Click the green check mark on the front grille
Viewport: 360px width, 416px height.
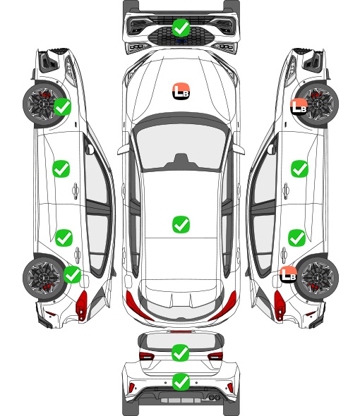click(181, 27)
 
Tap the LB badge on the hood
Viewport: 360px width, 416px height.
click(181, 91)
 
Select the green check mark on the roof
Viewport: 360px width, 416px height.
click(181, 224)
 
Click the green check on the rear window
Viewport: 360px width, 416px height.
click(181, 353)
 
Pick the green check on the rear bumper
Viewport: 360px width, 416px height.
click(181, 382)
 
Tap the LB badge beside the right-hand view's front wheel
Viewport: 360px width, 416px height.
click(299, 106)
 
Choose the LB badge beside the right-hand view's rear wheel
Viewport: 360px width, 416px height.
click(289, 274)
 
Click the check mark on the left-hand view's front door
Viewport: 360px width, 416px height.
click(61, 169)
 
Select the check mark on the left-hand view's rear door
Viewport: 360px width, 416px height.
click(64, 238)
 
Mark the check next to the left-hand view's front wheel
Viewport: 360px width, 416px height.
click(62, 106)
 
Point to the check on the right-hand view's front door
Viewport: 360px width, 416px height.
click(300, 169)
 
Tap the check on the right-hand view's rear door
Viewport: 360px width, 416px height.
click(297, 238)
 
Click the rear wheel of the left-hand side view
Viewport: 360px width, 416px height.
click(44, 278)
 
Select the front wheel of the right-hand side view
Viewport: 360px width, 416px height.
click(318, 104)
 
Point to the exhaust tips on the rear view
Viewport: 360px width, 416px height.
click(214, 397)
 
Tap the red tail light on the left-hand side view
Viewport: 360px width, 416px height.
click(82, 305)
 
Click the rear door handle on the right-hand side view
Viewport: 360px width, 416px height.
click(284, 255)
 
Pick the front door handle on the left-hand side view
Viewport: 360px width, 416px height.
click(76, 190)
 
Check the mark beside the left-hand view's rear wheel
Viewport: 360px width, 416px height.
click(73, 274)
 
